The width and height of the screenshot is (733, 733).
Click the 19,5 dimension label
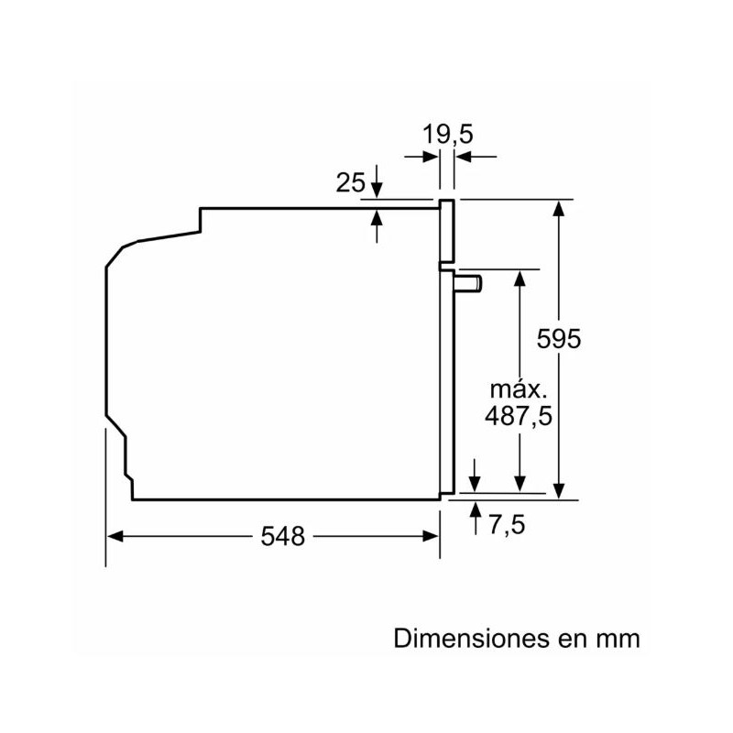pyautogui.click(x=447, y=135)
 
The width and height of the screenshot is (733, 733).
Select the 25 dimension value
pyautogui.click(x=350, y=182)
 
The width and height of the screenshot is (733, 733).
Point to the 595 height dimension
pyautogui.click(x=560, y=338)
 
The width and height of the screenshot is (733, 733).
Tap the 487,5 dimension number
pyautogui.click(x=518, y=415)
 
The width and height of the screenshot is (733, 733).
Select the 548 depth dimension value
pyautogui.click(x=282, y=537)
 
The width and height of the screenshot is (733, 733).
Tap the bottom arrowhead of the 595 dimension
pyautogui.click(x=559, y=492)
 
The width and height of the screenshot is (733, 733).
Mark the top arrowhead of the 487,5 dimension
pyautogui.click(x=520, y=278)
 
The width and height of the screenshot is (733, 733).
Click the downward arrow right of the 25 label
pyautogui.click(x=377, y=190)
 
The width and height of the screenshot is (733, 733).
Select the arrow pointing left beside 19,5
pyautogui.click(x=465, y=157)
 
